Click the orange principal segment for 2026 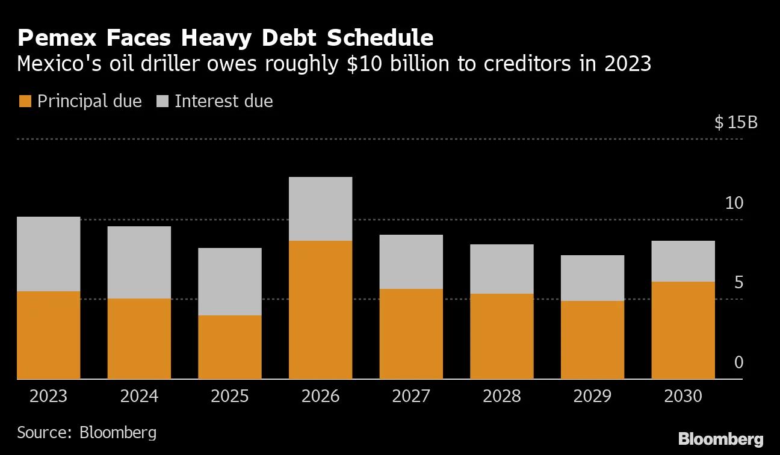[x=320, y=309]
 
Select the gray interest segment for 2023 [x=48, y=254]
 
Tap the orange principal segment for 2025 [x=230, y=347]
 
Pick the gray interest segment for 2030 [x=683, y=261]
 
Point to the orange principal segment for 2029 [x=592, y=339]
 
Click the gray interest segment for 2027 [x=411, y=262]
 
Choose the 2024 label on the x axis [x=139, y=397]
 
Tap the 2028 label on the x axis [x=501, y=397]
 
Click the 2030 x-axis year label [x=683, y=397]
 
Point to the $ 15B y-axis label [x=735, y=123]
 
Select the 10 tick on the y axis [x=734, y=203]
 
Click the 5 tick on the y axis [x=738, y=283]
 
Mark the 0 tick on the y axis [x=739, y=363]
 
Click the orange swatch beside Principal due [x=24, y=101]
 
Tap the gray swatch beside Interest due [x=161, y=101]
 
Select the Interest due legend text [x=224, y=101]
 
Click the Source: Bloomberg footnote [x=87, y=432]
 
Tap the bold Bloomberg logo [x=720, y=439]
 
